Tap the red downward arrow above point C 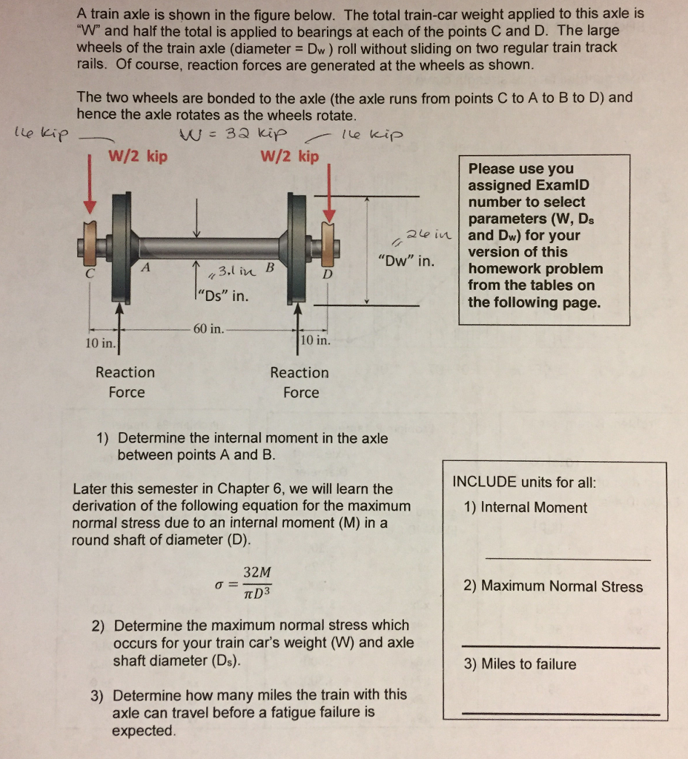point(90,185)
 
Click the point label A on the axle point(146,267)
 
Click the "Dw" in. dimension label point(406,261)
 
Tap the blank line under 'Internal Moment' point(567,560)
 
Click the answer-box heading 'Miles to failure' point(520,664)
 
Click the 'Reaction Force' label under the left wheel point(125,382)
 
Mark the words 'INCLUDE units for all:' point(524,482)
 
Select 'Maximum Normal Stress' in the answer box point(553,586)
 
